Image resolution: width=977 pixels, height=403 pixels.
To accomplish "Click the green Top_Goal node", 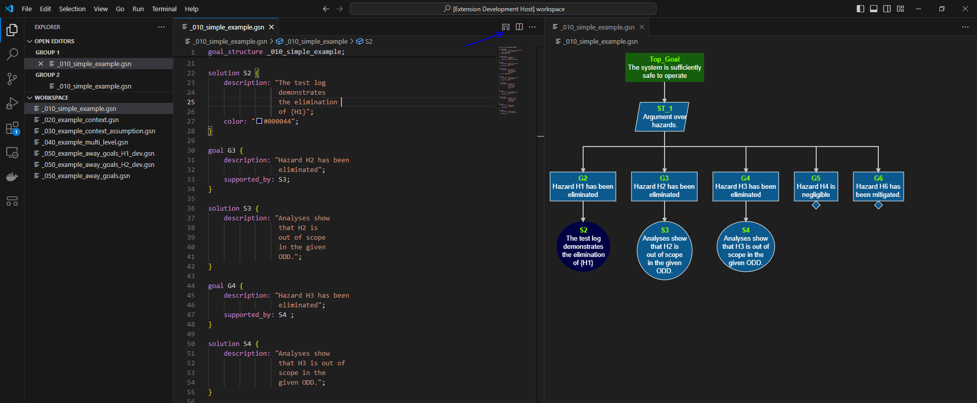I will (665, 67).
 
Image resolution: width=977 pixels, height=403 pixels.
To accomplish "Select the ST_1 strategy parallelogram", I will (663, 117).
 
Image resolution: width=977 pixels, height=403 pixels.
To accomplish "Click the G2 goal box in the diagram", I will (583, 186).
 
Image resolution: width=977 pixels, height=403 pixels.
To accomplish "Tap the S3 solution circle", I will (664, 250).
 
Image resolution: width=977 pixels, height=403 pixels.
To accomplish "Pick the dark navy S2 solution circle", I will (583, 247).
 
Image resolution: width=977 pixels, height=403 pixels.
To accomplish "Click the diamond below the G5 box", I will (816, 205).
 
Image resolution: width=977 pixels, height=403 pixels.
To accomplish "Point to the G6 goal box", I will (878, 186).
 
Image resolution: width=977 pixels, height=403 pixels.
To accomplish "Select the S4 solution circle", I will (745, 247).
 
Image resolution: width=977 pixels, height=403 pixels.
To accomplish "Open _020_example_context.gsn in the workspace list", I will (81, 120).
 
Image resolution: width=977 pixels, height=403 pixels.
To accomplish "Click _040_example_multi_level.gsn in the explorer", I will (85, 142).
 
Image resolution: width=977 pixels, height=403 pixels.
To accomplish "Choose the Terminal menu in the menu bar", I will (164, 9).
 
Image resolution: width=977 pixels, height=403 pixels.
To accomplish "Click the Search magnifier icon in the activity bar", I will (12, 54).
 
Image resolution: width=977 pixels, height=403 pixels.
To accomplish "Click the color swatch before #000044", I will (259, 121).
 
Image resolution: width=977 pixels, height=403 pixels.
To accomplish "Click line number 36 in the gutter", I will (191, 209).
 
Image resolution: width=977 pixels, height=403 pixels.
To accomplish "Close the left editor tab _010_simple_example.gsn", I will (271, 27).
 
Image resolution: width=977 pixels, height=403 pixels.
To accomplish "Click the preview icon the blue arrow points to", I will (505, 27).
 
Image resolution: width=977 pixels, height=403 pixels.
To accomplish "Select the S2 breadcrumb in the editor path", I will (368, 42).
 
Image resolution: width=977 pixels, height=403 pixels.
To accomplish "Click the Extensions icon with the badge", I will (12, 128).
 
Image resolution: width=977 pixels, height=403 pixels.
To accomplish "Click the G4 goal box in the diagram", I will (745, 186).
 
